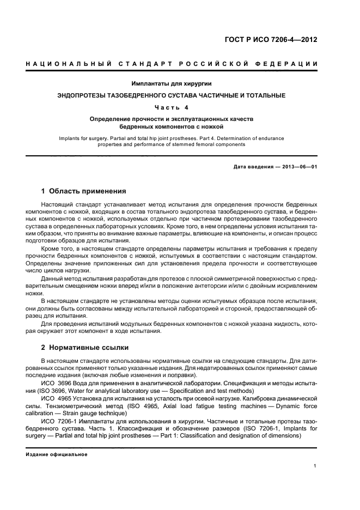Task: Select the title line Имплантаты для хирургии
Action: (x=172, y=84)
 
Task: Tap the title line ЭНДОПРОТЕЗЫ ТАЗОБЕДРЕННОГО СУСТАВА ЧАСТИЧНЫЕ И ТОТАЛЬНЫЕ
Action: (x=172, y=95)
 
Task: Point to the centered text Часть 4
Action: (x=172, y=107)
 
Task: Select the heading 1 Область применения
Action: (x=84, y=191)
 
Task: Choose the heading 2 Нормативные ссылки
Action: (x=85, y=347)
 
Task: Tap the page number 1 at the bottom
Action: (x=315, y=466)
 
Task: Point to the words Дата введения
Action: (x=252, y=166)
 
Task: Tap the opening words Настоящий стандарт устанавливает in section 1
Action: (x=88, y=204)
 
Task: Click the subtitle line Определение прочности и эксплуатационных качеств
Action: (x=172, y=118)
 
